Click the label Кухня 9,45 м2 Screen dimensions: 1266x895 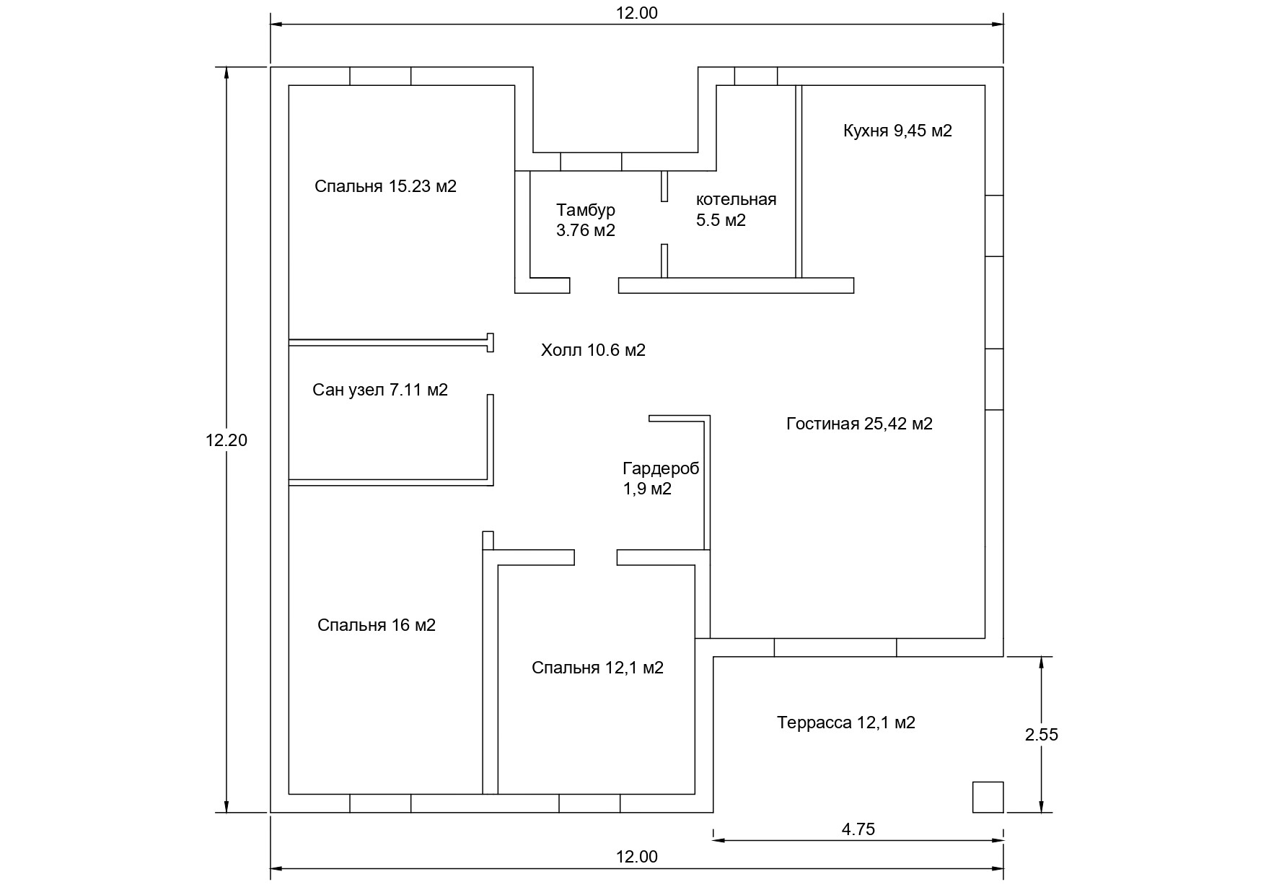[x=897, y=131]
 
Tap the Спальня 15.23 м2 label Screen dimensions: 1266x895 [x=385, y=186]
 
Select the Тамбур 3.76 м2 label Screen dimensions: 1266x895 [x=585, y=220]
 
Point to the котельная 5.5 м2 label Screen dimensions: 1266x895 [x=735, y=210]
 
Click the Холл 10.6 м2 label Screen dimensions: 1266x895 [x=593, y=351]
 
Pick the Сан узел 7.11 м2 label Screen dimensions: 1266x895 [x=380, y=390]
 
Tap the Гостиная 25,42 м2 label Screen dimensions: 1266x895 [x=859, y=424]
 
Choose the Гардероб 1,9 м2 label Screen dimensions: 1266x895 [x=660, y=479]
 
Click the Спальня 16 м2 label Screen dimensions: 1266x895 [x=377, y=625]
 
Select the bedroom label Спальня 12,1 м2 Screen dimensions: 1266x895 [x=597, y=668]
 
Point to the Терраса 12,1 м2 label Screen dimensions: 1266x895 [x=846, y=722]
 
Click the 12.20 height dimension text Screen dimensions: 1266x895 [x=227, y=440]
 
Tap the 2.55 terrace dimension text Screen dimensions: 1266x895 [x=1041, y=735]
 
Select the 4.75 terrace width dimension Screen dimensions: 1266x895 [x=858, y=829]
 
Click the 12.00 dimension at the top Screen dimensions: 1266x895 [x=637, y=13]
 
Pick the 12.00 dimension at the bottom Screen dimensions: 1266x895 [x=637, y=857]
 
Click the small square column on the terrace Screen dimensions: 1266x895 [x=988, y=797]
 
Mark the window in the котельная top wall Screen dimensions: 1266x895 [x=756, y=76]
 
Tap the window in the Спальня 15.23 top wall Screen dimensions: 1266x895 [x=380, y=76]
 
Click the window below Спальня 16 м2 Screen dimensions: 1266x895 [x=380, y=803]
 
